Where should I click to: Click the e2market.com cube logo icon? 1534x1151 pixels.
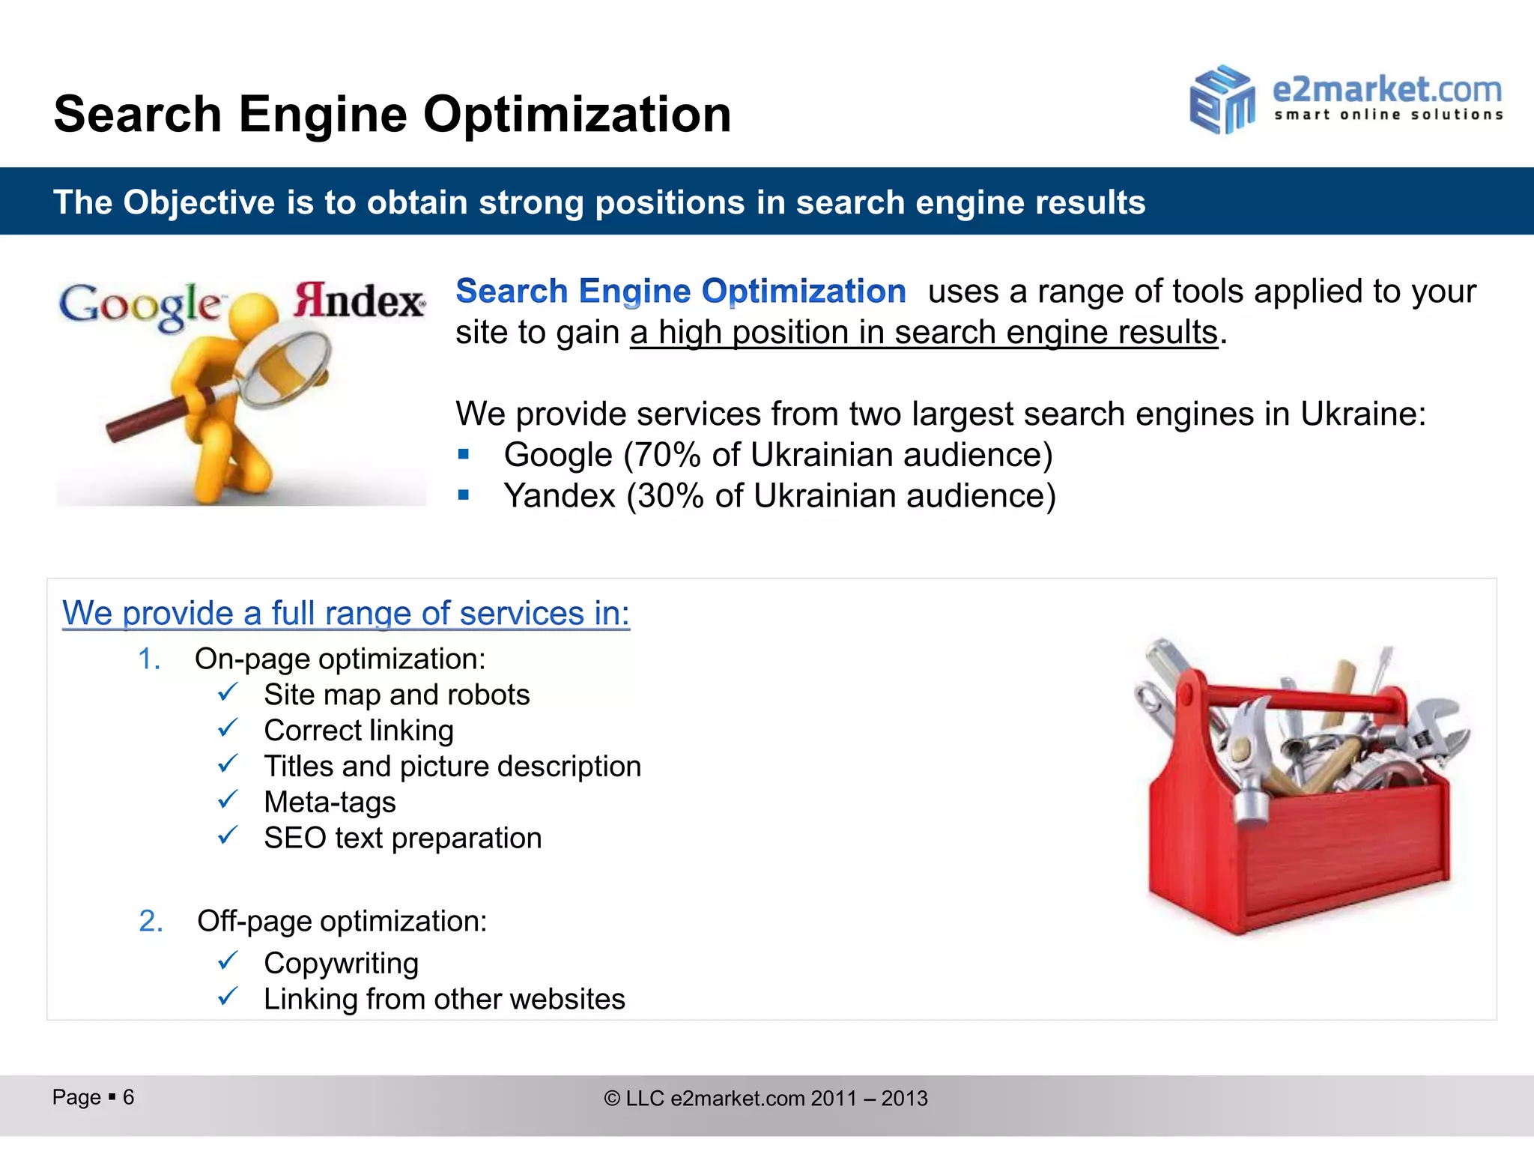coord(1222,100)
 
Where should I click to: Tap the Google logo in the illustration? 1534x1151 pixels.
coord(140,306)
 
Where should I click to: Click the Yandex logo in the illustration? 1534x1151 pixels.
coord(359,300)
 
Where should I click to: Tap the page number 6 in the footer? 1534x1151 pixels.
coord(129,1097)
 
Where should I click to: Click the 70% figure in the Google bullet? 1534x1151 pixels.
coord(668,455)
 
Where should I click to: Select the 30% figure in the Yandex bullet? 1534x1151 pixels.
coord(670,496)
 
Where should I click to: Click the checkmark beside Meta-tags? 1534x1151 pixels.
coord(228,801)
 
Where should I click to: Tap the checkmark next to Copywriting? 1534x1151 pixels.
coord(228,961)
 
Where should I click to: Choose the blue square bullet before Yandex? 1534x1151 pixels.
coord(464,495)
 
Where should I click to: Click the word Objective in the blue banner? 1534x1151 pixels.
coord(200,202)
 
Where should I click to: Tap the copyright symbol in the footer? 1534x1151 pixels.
coord(612,1099)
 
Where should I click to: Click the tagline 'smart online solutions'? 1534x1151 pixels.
coord(1388,115)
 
